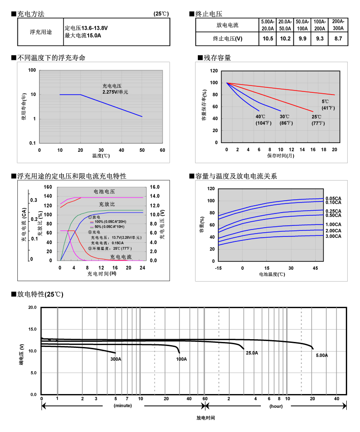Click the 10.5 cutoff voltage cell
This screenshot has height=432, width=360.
(x=268, y=39)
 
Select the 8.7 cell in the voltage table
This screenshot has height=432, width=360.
(x=338, y=39)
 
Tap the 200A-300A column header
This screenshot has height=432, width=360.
(x=338, y=25)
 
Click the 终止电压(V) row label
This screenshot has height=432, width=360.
(x=227, y=39)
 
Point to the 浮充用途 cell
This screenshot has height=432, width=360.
(x=41, y=32)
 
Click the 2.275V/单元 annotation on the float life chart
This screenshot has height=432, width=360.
(x=115, y=92)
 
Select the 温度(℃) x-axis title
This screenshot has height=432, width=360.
(x=101, y=156)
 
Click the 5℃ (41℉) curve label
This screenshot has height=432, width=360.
(x=328, y=105)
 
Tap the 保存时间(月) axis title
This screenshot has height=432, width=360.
(x=281, y=156)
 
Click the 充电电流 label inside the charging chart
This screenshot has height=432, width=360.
(x=121, y=257)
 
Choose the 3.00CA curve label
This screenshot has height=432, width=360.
(x=333, y=236)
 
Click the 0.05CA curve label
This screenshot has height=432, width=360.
(x=333, y=198)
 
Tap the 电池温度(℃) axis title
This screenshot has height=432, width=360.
(x=272, y=274)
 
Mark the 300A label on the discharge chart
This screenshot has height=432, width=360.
(x=116, y=359)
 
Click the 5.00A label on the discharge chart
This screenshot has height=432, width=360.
(x=322, y=355)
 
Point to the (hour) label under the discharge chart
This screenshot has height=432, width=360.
(x=276, y=405)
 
